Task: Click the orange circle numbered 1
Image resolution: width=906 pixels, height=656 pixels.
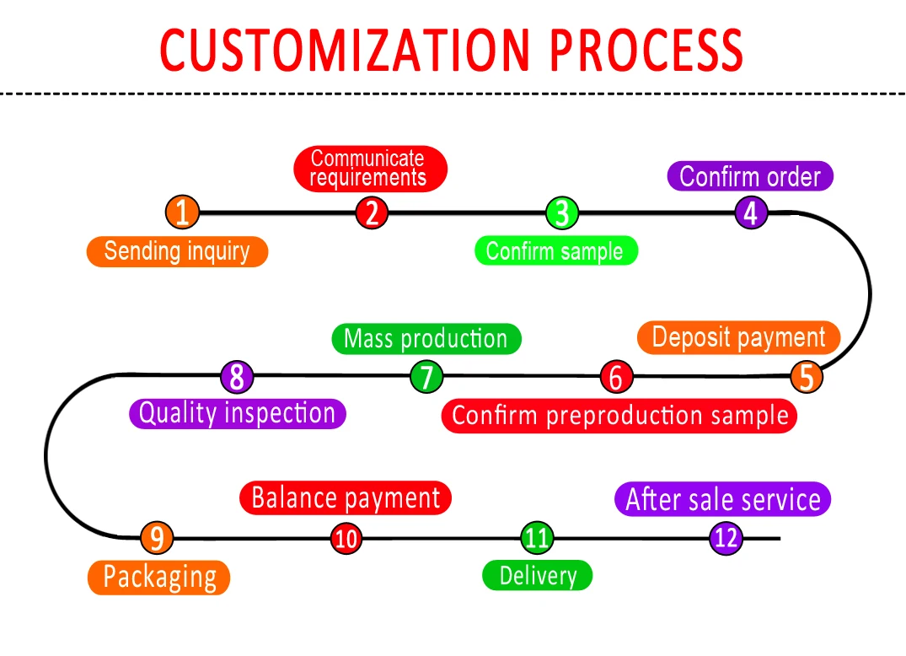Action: tap(182, 212)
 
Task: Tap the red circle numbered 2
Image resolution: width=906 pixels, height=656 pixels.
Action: tap(371, 212)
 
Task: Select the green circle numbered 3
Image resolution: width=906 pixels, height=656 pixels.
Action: tap(561, 212)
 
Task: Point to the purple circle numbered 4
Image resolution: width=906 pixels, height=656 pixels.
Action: tap(750, 212)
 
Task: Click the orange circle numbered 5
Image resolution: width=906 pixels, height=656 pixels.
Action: tap(807, 377)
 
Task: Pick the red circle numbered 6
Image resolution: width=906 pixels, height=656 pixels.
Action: tap(616, 377)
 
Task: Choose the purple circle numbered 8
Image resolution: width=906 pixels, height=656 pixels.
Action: tap(237, 377)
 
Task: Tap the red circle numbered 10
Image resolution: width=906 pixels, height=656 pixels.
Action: tap(346, 538)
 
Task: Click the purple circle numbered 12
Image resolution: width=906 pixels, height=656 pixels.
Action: tap(726, 537)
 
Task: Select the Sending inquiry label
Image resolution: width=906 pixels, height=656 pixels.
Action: tap(177, 251)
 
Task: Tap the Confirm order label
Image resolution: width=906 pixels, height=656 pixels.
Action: tap(750, 176)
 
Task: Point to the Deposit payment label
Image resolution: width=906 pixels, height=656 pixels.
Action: tap(738, 337)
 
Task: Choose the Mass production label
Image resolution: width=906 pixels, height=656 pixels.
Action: tap(426, 339)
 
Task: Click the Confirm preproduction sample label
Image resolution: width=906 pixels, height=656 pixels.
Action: tap(619, 416)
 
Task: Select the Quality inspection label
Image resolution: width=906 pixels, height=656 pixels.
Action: tap(237, 413)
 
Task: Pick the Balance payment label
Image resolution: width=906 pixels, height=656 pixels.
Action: tap(346, 497)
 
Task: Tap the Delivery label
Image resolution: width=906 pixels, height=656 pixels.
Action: tap(538, 576)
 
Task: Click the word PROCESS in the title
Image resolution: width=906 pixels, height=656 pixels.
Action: tap(646, 51)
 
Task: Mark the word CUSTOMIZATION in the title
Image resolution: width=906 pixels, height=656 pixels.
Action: tap(346, 51)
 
